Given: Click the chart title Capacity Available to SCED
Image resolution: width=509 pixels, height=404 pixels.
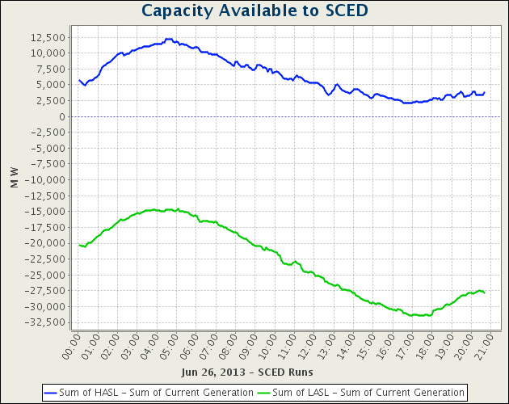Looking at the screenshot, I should point(254,11).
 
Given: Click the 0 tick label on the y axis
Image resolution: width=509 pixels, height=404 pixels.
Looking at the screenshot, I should point(62,116).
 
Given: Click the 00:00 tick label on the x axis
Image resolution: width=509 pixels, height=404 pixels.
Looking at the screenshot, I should point(73,343).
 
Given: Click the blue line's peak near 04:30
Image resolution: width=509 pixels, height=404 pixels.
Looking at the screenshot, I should point(168,39).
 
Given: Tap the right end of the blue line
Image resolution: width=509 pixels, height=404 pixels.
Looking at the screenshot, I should point(485,92).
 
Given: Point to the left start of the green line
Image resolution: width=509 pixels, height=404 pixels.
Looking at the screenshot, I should point(78,244).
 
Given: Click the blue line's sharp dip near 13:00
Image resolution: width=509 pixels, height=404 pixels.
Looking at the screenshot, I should point(328,95).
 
